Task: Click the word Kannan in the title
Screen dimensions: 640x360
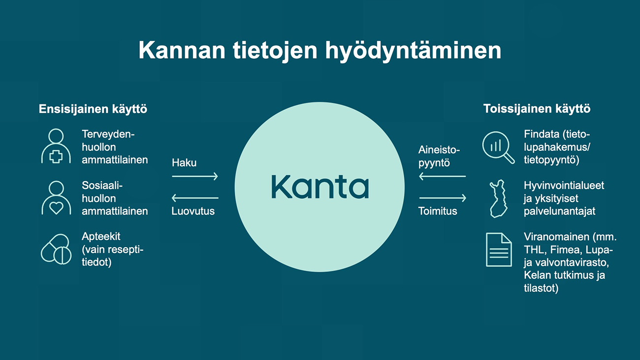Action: tap(182, 50)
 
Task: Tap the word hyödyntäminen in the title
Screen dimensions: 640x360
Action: tap(413, 51)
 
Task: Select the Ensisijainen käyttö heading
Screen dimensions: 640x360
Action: tap(93, 109)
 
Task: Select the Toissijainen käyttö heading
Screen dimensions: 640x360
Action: tap(537, 109)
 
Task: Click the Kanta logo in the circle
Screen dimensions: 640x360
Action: tap(320, 187)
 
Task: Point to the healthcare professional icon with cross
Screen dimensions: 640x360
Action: tap(56, 146)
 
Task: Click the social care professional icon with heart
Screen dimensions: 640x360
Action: tap(56, 197)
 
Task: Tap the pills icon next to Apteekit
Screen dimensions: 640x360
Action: tap(56, 249)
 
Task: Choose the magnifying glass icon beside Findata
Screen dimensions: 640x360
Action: tap(498, 147)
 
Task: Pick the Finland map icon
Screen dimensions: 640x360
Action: tap(499, 198)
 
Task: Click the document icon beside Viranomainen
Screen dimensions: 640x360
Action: tap(499, 250)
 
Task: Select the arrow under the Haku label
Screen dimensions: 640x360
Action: tap(195, 176)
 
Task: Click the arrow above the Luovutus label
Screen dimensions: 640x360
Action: tap(195, 197)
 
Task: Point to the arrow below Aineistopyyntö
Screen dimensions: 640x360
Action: tap(442, 176)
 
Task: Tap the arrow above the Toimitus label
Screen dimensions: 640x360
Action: tap(443, 197)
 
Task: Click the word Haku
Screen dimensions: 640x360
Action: tap(184, 163)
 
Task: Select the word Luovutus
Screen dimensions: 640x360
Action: tap(193, 211)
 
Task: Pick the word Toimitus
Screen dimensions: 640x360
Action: tap(438, 211)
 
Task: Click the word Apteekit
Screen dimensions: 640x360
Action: tap(101, 237)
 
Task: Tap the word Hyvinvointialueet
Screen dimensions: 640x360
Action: tap(564, 186)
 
